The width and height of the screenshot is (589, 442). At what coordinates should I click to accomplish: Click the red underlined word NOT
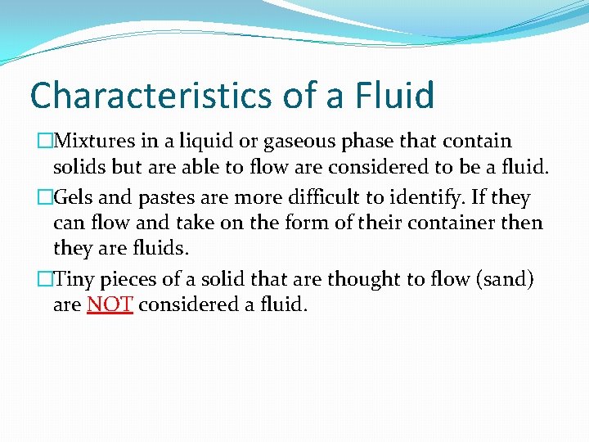(x=110, y=306)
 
